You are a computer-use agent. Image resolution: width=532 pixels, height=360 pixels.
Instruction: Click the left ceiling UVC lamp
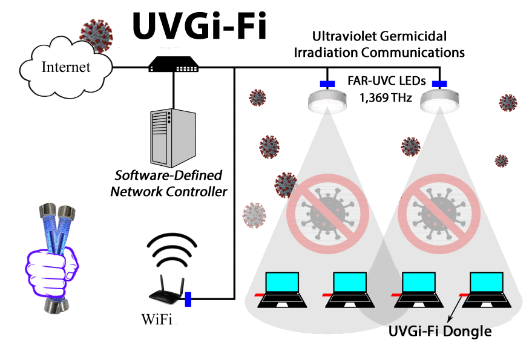326,100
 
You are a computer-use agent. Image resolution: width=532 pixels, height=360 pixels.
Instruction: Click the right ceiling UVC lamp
439,100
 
